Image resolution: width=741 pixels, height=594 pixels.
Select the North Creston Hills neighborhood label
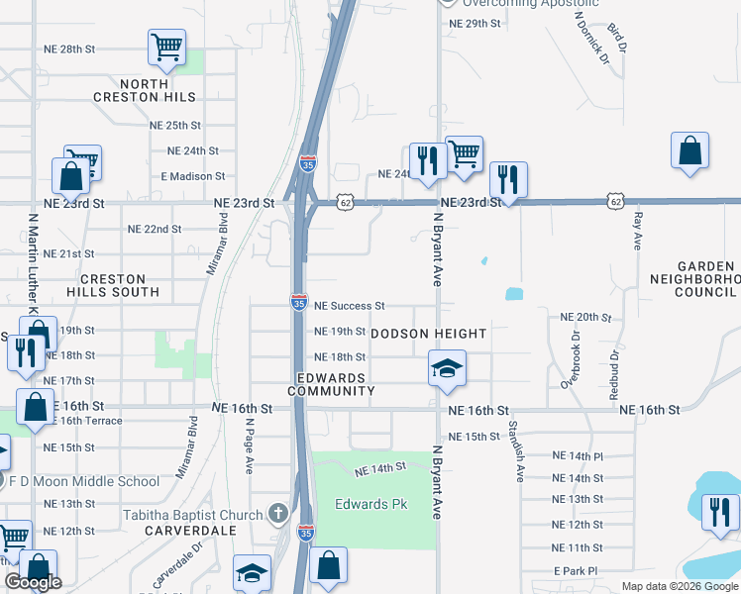click(159, 90)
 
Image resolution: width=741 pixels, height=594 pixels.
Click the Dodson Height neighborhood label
click(429, 334)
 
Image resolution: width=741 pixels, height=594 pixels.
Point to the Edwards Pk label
click(371, 504)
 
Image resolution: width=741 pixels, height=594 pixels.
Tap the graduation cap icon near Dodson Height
click(446, 369)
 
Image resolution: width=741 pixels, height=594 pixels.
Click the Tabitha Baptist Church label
click(193, 515)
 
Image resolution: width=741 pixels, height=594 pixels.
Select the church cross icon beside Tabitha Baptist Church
click(278, 514)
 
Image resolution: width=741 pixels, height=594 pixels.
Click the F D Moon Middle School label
click(84, 482)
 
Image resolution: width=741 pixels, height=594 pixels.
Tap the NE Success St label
click(349, 307)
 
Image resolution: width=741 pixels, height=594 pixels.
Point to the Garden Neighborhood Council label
click(707, 279)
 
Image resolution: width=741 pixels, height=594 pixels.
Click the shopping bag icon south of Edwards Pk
click(328, 565)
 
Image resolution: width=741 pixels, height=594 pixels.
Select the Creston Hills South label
click(112, 286)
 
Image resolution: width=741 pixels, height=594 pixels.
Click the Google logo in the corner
click(33, 582)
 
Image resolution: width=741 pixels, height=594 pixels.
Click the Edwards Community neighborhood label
click(331, 384)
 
